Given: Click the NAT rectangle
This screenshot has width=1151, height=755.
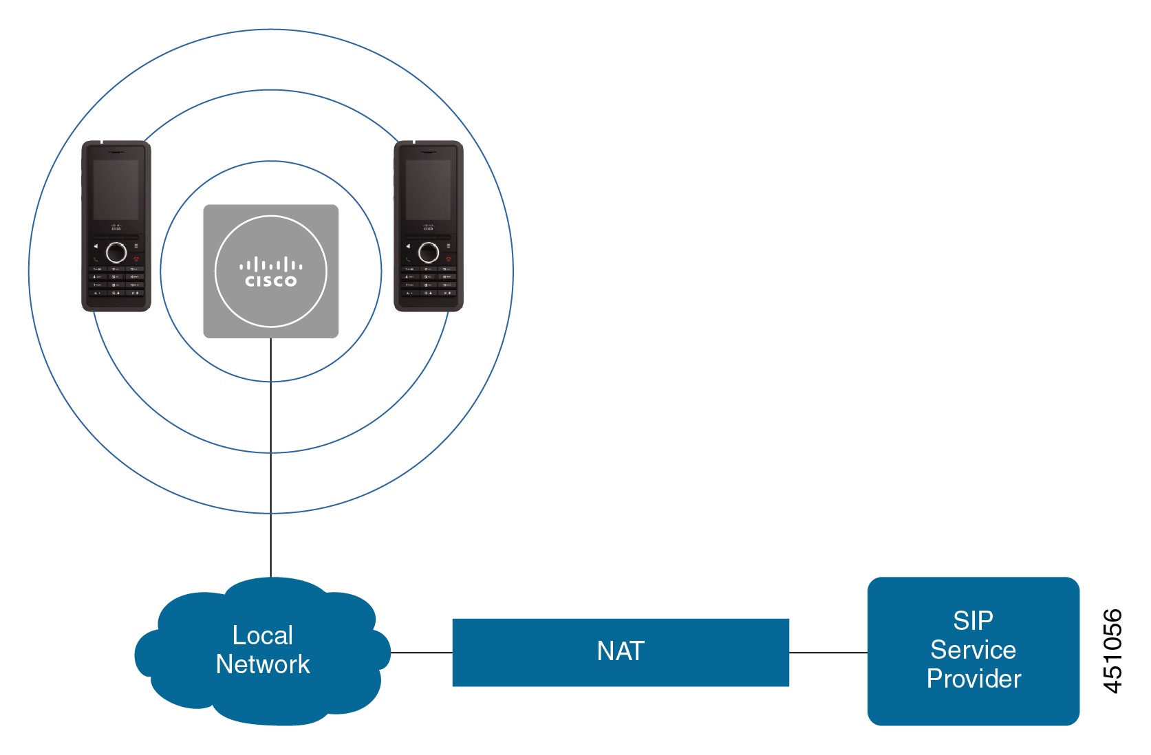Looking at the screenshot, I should [620, 652].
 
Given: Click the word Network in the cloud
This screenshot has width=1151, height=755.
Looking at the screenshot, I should [263, 664].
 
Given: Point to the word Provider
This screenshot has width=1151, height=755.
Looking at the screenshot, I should [973, 679].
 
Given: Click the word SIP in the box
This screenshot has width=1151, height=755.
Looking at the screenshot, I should [972, 621].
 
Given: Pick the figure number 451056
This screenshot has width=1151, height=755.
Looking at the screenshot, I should [1112, 650].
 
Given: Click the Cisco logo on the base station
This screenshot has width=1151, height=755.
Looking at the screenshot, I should [270, 272].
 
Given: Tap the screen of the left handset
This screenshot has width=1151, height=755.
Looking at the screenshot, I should [116, 190].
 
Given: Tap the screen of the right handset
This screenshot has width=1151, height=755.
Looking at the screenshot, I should [428, 190].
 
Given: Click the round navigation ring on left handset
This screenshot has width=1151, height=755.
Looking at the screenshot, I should [116, 252].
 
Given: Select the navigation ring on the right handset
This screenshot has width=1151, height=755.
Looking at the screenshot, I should [429, 252].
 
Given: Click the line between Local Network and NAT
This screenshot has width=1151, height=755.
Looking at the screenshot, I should [421, 652].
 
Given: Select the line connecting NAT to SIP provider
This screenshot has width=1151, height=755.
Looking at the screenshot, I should [828, 652].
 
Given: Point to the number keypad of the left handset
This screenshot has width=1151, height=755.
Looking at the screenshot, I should [116, 281].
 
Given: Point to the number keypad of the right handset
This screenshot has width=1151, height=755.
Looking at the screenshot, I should [429, 281].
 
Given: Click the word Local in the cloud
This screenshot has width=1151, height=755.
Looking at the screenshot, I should [263, 635].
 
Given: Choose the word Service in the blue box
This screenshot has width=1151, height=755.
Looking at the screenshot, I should [973, 650].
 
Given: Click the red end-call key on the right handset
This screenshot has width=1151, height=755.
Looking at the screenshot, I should [449, 259].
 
